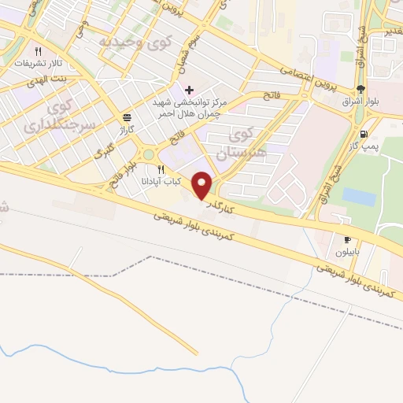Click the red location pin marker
click(202, 185)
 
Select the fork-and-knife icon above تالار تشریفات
click(49, 49)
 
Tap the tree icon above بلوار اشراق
click(360, 88)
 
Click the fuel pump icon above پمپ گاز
click(362, 134)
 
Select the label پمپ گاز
click(364, 147)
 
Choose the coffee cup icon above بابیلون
click(348, 238)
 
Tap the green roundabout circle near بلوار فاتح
click(149, 154)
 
